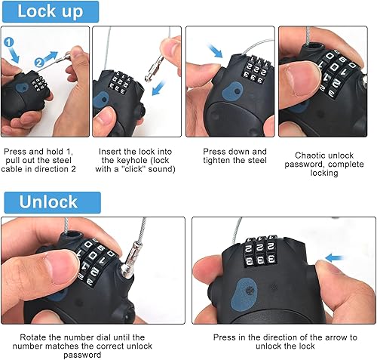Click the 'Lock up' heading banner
pos(51,11)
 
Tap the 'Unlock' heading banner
pos(53,202)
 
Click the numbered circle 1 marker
pos(9,42)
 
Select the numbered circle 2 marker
pos(39,63)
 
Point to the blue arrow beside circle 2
pos(51,56)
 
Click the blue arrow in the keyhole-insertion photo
pos(159,88)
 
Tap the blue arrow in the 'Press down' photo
pos(215,51)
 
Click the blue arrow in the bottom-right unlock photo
pos(335,258)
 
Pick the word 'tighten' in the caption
pos(218,160)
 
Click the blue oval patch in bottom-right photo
pos(244,294)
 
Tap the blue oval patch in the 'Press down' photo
pos(232,91)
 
